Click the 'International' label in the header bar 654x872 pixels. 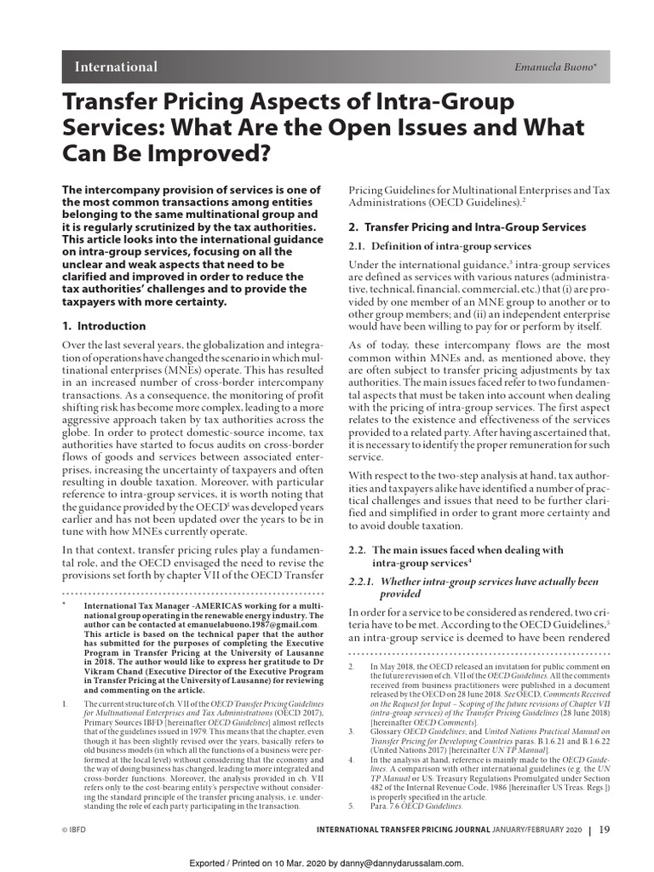pos(116,67)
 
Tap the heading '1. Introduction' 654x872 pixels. pos(105,326)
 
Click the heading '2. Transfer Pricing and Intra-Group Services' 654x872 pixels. pos(468,227)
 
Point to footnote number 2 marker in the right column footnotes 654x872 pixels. pos(353,664)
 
